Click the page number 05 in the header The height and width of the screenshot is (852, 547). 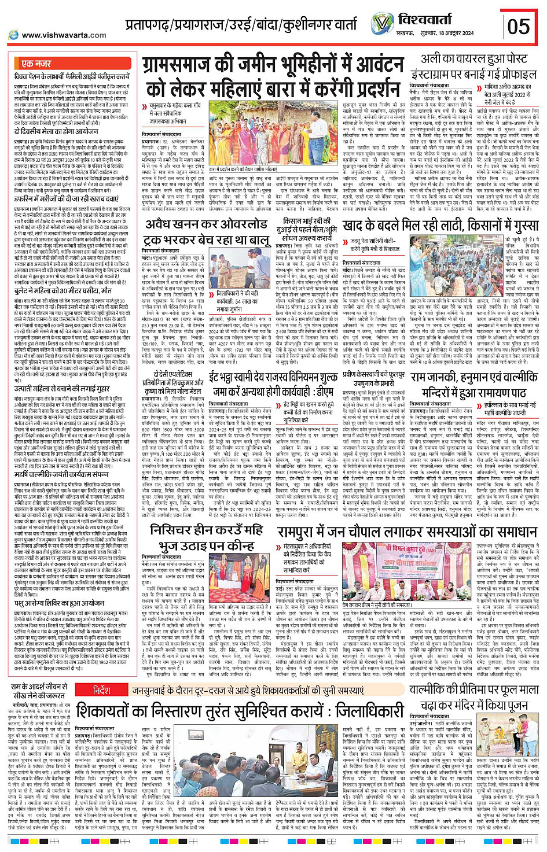tap(518, 26)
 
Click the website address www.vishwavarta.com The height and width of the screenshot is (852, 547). tap(64, 35)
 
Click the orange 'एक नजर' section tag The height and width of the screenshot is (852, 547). tap(36, 64)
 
